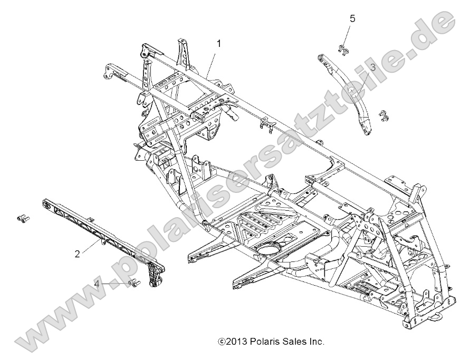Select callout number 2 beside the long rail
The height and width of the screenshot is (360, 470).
77,254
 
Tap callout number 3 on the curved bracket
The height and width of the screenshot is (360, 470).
372,67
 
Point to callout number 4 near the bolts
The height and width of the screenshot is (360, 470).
97,284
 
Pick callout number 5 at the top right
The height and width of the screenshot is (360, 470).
352,18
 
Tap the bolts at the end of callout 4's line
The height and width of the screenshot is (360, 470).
133,284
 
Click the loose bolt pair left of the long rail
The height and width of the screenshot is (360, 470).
22,217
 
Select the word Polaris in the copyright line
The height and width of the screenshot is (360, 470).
260,342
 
